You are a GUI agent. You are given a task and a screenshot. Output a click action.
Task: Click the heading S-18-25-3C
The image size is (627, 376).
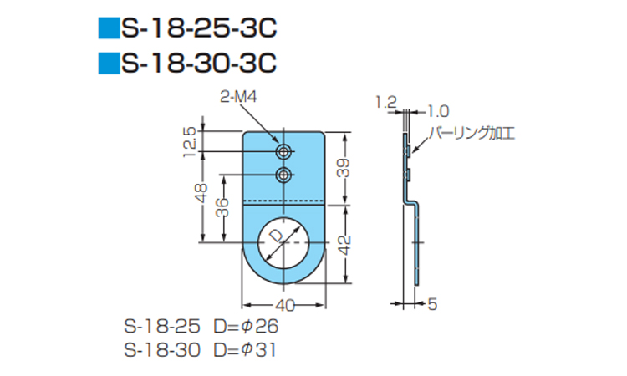pos(199,28)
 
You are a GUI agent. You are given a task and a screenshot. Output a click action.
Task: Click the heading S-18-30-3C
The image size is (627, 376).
pos(199,64)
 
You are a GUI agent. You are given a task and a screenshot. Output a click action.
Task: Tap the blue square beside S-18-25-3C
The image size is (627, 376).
pos(109,28)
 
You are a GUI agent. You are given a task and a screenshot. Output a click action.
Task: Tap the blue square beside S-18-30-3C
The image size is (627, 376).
pos(109,64)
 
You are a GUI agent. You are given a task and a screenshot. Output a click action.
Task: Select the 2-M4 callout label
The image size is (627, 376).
pos(238,97)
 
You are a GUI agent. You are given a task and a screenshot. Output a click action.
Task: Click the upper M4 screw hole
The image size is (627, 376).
pos(283,151)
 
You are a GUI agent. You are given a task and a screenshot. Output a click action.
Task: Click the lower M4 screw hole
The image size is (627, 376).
pos(283,175)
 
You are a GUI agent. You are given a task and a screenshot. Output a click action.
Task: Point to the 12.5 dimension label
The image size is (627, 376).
pos(190,142)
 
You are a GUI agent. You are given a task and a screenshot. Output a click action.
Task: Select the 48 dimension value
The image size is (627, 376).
pos(202,193)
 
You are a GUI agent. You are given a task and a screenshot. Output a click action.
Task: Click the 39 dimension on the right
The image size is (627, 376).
pos(344,168)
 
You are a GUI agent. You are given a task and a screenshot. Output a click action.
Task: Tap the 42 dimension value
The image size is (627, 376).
pos(344,246)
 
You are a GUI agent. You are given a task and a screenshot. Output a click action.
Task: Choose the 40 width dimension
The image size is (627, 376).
pos(285,306)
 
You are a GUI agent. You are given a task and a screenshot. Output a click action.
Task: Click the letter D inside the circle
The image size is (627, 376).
pos(276,236)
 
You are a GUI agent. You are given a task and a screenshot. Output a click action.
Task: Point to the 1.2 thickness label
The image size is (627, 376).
pos(386,103)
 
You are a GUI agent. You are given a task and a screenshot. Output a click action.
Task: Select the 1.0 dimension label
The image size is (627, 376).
pos(438,111)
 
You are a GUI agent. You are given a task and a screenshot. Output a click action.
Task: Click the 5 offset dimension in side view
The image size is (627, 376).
pos(432,304)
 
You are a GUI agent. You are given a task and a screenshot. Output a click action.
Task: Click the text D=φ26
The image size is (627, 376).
pos(246,327)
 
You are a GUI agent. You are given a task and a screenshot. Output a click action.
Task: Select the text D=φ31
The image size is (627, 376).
pos(245,350)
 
